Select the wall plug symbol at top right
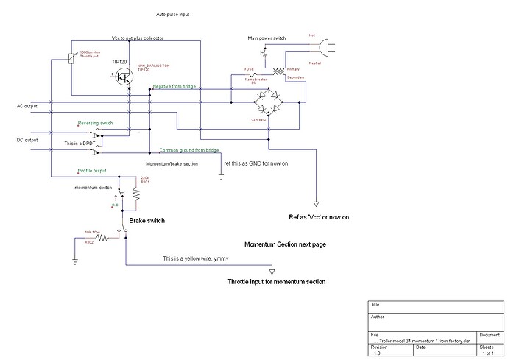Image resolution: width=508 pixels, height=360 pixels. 322,47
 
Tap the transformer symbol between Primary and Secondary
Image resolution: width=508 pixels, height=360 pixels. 278,71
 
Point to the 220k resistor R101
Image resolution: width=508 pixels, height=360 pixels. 137,194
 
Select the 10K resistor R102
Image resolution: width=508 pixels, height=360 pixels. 103,239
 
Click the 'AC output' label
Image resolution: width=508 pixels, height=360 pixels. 27,106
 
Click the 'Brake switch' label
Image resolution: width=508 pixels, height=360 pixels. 147,220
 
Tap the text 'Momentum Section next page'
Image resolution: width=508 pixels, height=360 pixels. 285,244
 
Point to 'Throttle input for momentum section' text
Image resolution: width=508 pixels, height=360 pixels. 276,282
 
